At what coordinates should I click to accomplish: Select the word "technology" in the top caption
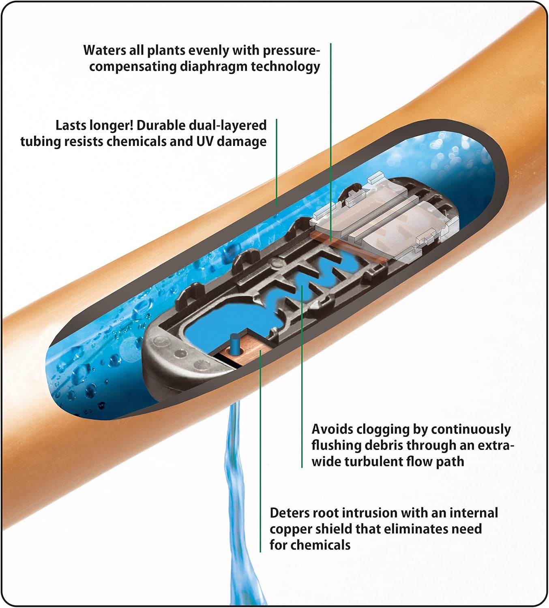285,67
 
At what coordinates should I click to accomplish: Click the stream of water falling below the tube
240,500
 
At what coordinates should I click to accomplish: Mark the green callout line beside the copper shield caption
260,450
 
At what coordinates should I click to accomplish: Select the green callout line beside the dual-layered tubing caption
277,163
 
